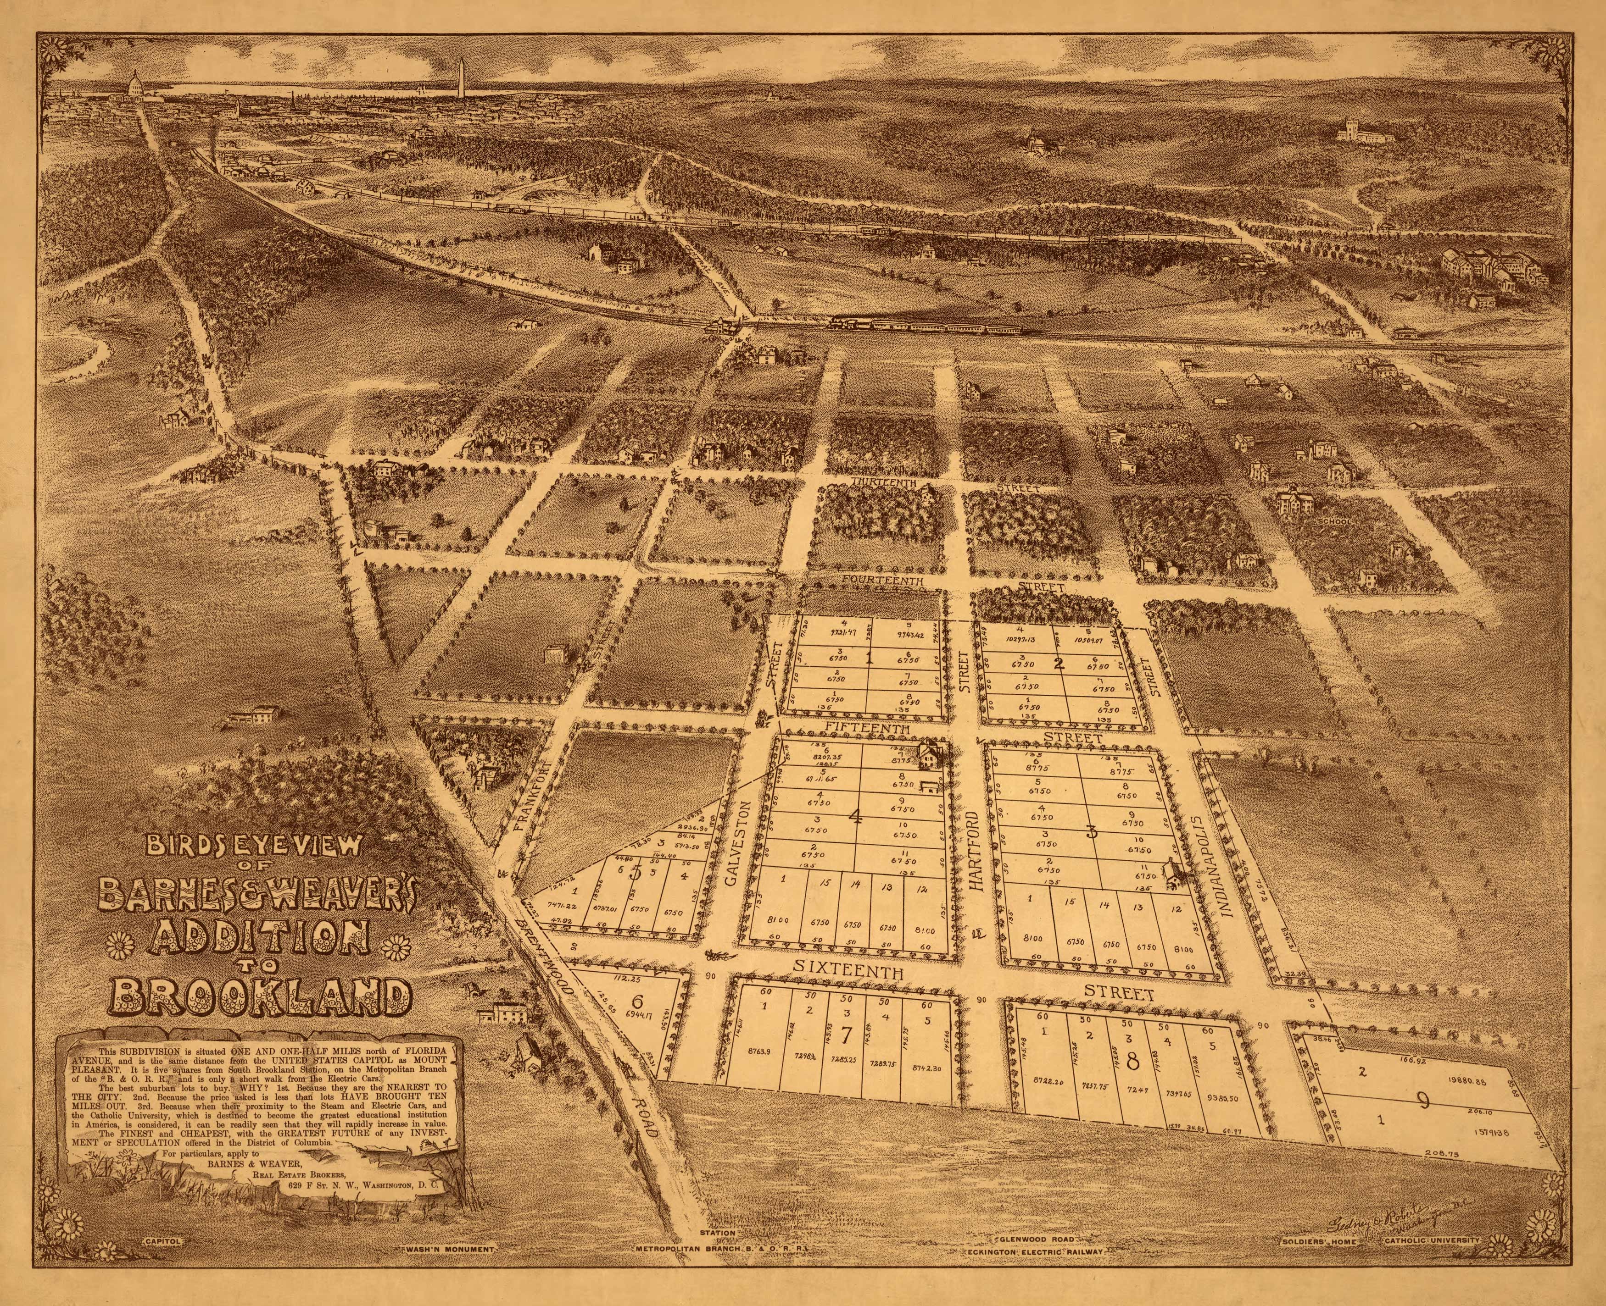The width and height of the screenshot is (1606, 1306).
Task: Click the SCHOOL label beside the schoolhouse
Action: click(x=1334, y=520)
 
